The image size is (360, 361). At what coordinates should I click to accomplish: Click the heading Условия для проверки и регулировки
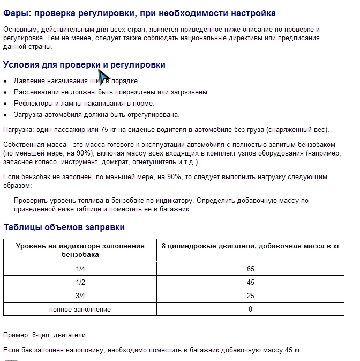pos(84,65)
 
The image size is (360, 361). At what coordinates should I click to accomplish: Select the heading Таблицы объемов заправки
pos(64,227)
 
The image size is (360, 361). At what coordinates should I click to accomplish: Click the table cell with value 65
pos(251,269)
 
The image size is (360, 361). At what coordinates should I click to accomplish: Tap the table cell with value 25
pos(251,296)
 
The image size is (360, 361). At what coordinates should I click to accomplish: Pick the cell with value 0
pos(251,310)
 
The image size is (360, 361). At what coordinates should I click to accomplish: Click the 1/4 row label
pos(80,269)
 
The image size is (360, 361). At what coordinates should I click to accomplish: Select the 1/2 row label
pos(80,283)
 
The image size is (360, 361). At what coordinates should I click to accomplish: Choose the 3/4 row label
pos(80,296)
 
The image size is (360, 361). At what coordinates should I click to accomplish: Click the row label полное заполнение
pos(80,310)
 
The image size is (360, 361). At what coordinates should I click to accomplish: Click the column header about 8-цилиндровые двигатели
pos(251,246)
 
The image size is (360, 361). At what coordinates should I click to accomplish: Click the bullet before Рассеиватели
pos(5,92)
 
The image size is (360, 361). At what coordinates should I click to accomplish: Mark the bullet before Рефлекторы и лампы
pos(5,104)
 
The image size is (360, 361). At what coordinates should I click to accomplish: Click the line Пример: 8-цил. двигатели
pos(44,335)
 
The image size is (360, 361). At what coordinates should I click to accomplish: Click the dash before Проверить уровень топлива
pos(5,201)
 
